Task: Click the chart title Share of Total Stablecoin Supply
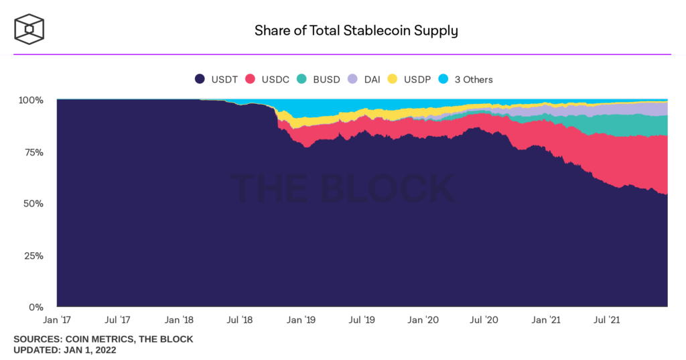click(x=356, y=30)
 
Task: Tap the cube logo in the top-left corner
click(x=29, y=29)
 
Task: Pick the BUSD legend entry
click(x=318, y=79)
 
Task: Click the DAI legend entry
click(x=364, y=79)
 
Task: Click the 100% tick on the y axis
click(x=31, y=100)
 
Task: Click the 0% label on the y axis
click(x=36, y=308)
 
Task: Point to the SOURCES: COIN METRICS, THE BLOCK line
click(x=103, y=339)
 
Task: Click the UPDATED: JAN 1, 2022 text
click(x=64, y=350)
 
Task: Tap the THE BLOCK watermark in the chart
click(x=342, y=188)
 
